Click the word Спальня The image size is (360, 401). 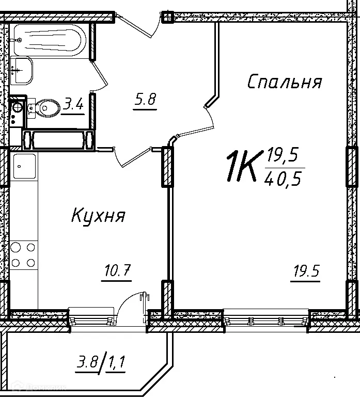coord(285,82)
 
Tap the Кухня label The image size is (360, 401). coord(98,215)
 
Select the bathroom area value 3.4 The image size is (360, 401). coord(73,105)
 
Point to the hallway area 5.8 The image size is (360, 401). coord(145,99)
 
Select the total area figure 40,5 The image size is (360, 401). coord(283,179)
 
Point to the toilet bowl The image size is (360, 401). coord(46,108)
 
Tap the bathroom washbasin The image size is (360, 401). coord(21,69)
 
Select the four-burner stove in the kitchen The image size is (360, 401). coord(24,255)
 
